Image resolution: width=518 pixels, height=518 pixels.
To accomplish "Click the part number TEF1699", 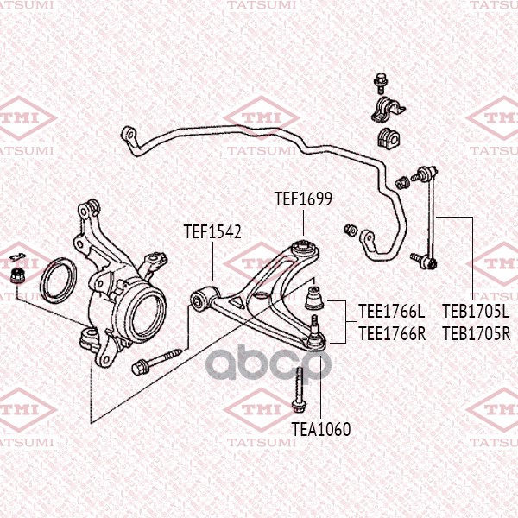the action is click(x=303, y=199).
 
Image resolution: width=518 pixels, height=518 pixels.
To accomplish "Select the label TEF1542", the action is click(x=212, y=231).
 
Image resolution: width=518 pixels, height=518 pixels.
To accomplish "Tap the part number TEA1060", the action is click(x=321, y=429).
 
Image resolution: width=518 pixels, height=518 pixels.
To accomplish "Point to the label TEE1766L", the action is click(x=392, y=311).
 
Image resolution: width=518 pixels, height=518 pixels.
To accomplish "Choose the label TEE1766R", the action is click(x=392, y=333).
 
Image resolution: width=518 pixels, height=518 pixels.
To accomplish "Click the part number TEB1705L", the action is click(x=476, y=311).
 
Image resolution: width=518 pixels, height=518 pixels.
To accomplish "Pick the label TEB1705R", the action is click(x=477, y=333).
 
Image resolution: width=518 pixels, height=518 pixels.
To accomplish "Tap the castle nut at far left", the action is click(x=16, y=276).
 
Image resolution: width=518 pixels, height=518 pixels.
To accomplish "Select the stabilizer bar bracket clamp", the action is click(x=388, y=109).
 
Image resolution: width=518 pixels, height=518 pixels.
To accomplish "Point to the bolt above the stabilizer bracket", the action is click(x=380, y=82).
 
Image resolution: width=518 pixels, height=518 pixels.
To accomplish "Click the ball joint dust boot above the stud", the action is click(x=314, y=297).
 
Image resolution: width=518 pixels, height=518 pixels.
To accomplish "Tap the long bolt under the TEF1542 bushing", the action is click(x=156, y=362).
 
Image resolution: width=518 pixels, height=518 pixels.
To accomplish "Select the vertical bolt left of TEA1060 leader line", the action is click(x=298, y=390).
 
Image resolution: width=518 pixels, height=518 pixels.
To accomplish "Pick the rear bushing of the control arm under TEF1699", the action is click(x=304, y=248).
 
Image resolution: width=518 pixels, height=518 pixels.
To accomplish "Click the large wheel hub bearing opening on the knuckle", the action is click(x=144, y=314).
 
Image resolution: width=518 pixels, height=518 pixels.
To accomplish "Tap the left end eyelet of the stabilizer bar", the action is click(x=129, y=135).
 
